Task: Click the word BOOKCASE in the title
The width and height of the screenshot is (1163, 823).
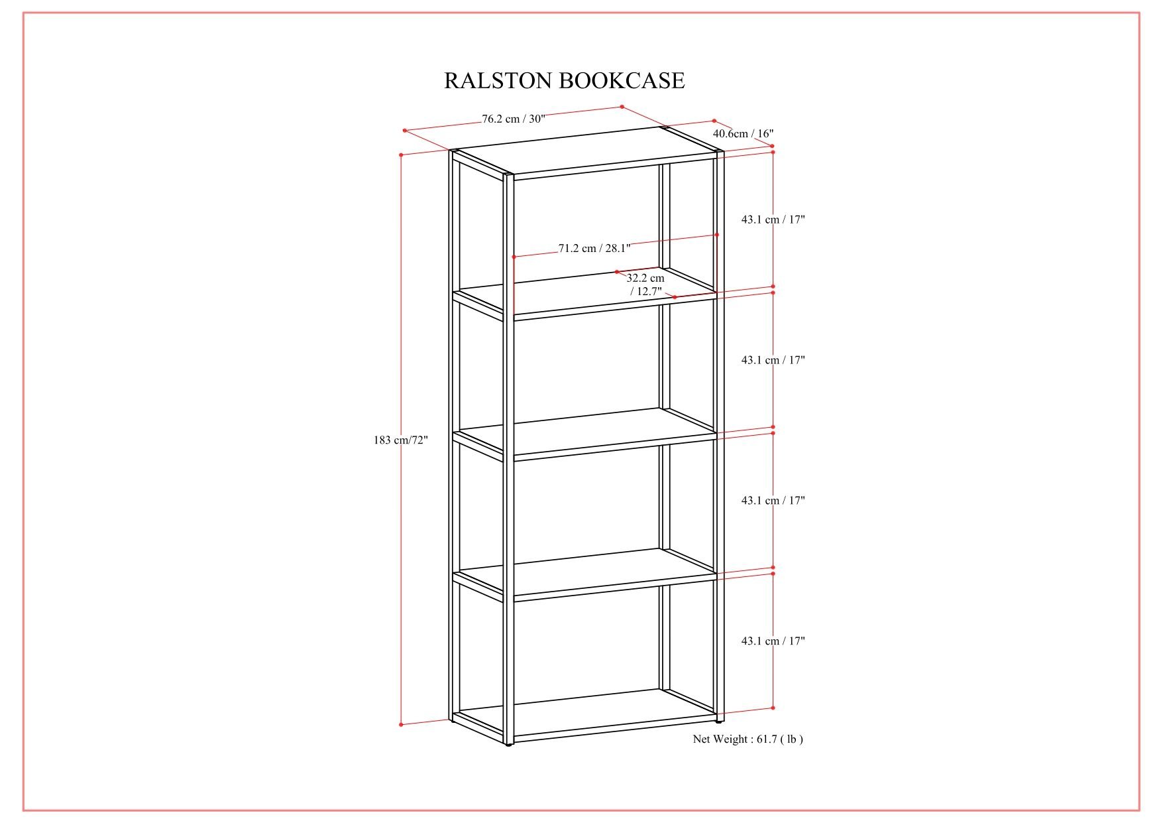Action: [x=622, y=80]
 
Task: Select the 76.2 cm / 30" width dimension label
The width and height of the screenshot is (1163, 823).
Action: [x=514, y=119]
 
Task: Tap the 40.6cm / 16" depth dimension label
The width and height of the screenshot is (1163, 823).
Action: [x=743, y=134]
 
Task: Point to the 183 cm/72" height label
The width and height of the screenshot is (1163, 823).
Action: [x=402, y=440]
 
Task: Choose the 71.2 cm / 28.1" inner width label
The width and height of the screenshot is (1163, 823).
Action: [x=594, y=249]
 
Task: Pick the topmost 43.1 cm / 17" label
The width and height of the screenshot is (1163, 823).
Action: [x=773, y=220]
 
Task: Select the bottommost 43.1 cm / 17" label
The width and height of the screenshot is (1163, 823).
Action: [x=773, y=641]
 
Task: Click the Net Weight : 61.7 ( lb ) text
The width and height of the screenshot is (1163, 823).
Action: [x=748, y=739]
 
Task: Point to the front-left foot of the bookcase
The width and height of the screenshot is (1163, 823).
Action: [x=508, y=745]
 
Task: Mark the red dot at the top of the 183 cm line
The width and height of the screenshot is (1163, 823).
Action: [x=402, y=155]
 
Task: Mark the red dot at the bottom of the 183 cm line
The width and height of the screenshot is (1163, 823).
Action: [x=402, y=724]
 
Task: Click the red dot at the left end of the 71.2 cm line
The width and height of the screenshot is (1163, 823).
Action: [x=514, y=256]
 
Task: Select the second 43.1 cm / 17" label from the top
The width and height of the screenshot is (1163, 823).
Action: [x=773, y=360]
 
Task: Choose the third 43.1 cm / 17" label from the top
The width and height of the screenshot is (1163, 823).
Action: [x=773, y=501]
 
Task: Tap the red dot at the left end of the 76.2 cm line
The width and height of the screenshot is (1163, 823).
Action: [x=404, y=131]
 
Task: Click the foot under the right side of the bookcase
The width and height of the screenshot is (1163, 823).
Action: [x=720, y=720]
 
